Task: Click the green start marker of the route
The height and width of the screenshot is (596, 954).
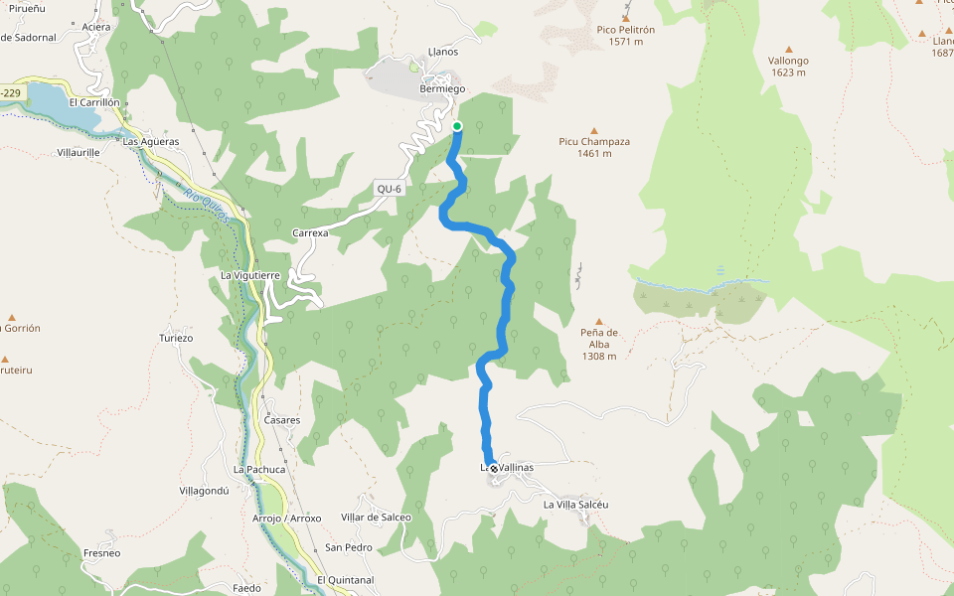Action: (457, 126)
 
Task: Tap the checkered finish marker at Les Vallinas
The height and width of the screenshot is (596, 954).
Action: (493, 468)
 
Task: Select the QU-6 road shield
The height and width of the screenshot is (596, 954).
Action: (389, 189)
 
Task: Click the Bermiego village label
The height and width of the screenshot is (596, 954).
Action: (442, 88)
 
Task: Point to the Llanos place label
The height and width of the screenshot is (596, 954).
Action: (442, 51)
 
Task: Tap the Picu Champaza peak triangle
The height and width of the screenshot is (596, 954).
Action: (594, 131)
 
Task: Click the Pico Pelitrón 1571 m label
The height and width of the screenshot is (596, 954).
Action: (626, 36)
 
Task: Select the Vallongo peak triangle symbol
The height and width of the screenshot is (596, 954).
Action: (789, 49)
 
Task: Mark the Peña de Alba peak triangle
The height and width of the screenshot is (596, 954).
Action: (599, 322)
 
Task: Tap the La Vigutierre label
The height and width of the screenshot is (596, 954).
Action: (249, 274)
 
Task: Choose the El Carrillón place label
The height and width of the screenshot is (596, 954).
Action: (94, 102)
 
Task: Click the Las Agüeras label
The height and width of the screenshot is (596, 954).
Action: (151, 141)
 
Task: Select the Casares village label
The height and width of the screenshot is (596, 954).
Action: (282, 420)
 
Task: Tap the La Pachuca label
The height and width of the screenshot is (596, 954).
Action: (259, 469)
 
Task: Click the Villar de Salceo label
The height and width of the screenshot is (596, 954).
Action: (376, 517)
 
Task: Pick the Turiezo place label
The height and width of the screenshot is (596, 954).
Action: (176, 338)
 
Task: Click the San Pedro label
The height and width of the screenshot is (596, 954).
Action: (349, 547)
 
